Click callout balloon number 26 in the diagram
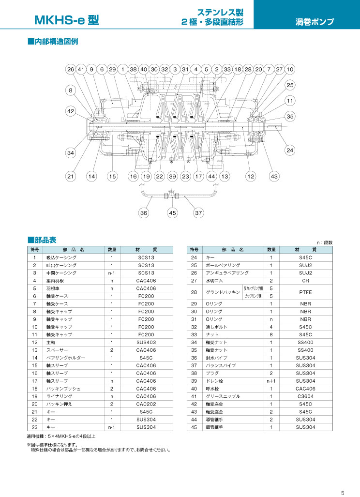70,69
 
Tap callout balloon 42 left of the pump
70,111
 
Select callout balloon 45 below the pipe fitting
172,212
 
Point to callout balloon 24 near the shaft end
290,150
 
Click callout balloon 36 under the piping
144,212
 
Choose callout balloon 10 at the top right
290,69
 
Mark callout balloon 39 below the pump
172,177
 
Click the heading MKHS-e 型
67,20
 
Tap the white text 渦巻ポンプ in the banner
315,22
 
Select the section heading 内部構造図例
53,42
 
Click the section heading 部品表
42,240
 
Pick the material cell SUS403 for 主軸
146,342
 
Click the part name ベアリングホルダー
66,358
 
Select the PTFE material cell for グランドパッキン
305,292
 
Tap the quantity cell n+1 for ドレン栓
271,381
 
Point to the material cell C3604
305,396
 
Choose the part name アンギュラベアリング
227,273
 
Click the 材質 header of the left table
146,250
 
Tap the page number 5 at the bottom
343,493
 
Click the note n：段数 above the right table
325,242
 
